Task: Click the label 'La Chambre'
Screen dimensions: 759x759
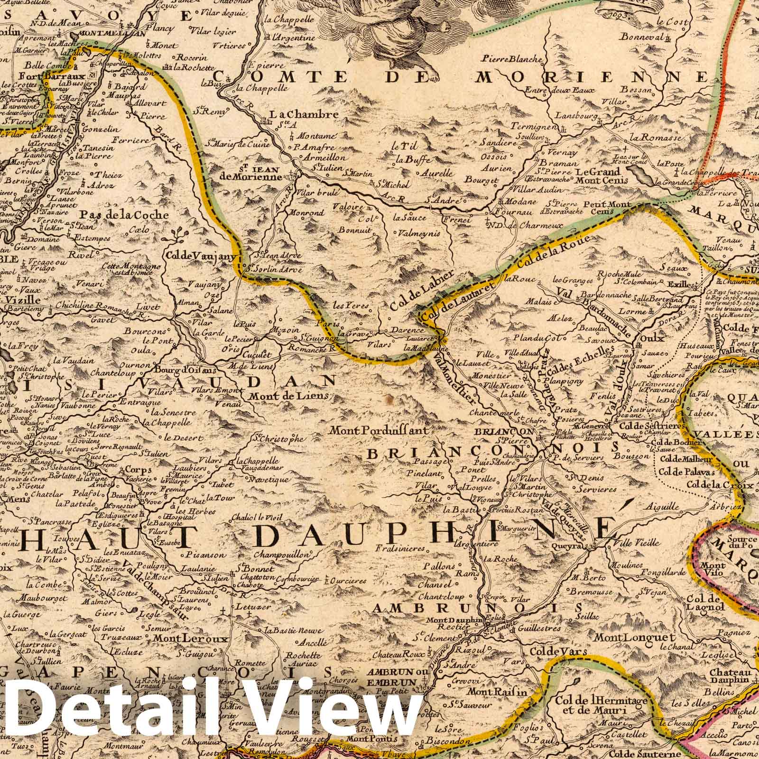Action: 304,115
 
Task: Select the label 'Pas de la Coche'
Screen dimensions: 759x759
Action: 125,214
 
